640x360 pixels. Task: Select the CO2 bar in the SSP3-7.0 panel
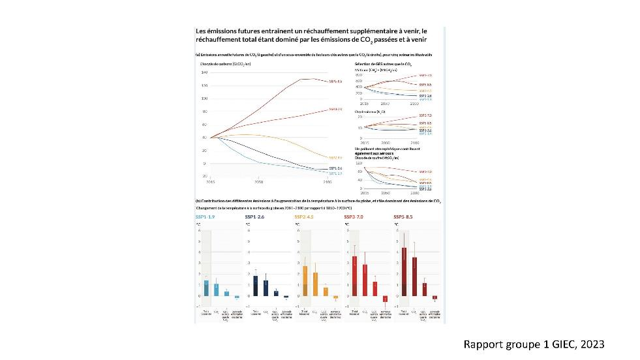pyautogui.click(x=365, y=280)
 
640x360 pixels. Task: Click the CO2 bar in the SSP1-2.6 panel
pyautogui.click(x=266, y=288)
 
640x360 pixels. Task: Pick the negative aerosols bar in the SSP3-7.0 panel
pyautogui.click(x=386, y=299)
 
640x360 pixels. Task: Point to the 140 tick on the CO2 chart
pyautogui.click(x=205, y=72)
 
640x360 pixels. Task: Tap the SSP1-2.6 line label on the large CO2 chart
pyautogui.click(x=337, y=168)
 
